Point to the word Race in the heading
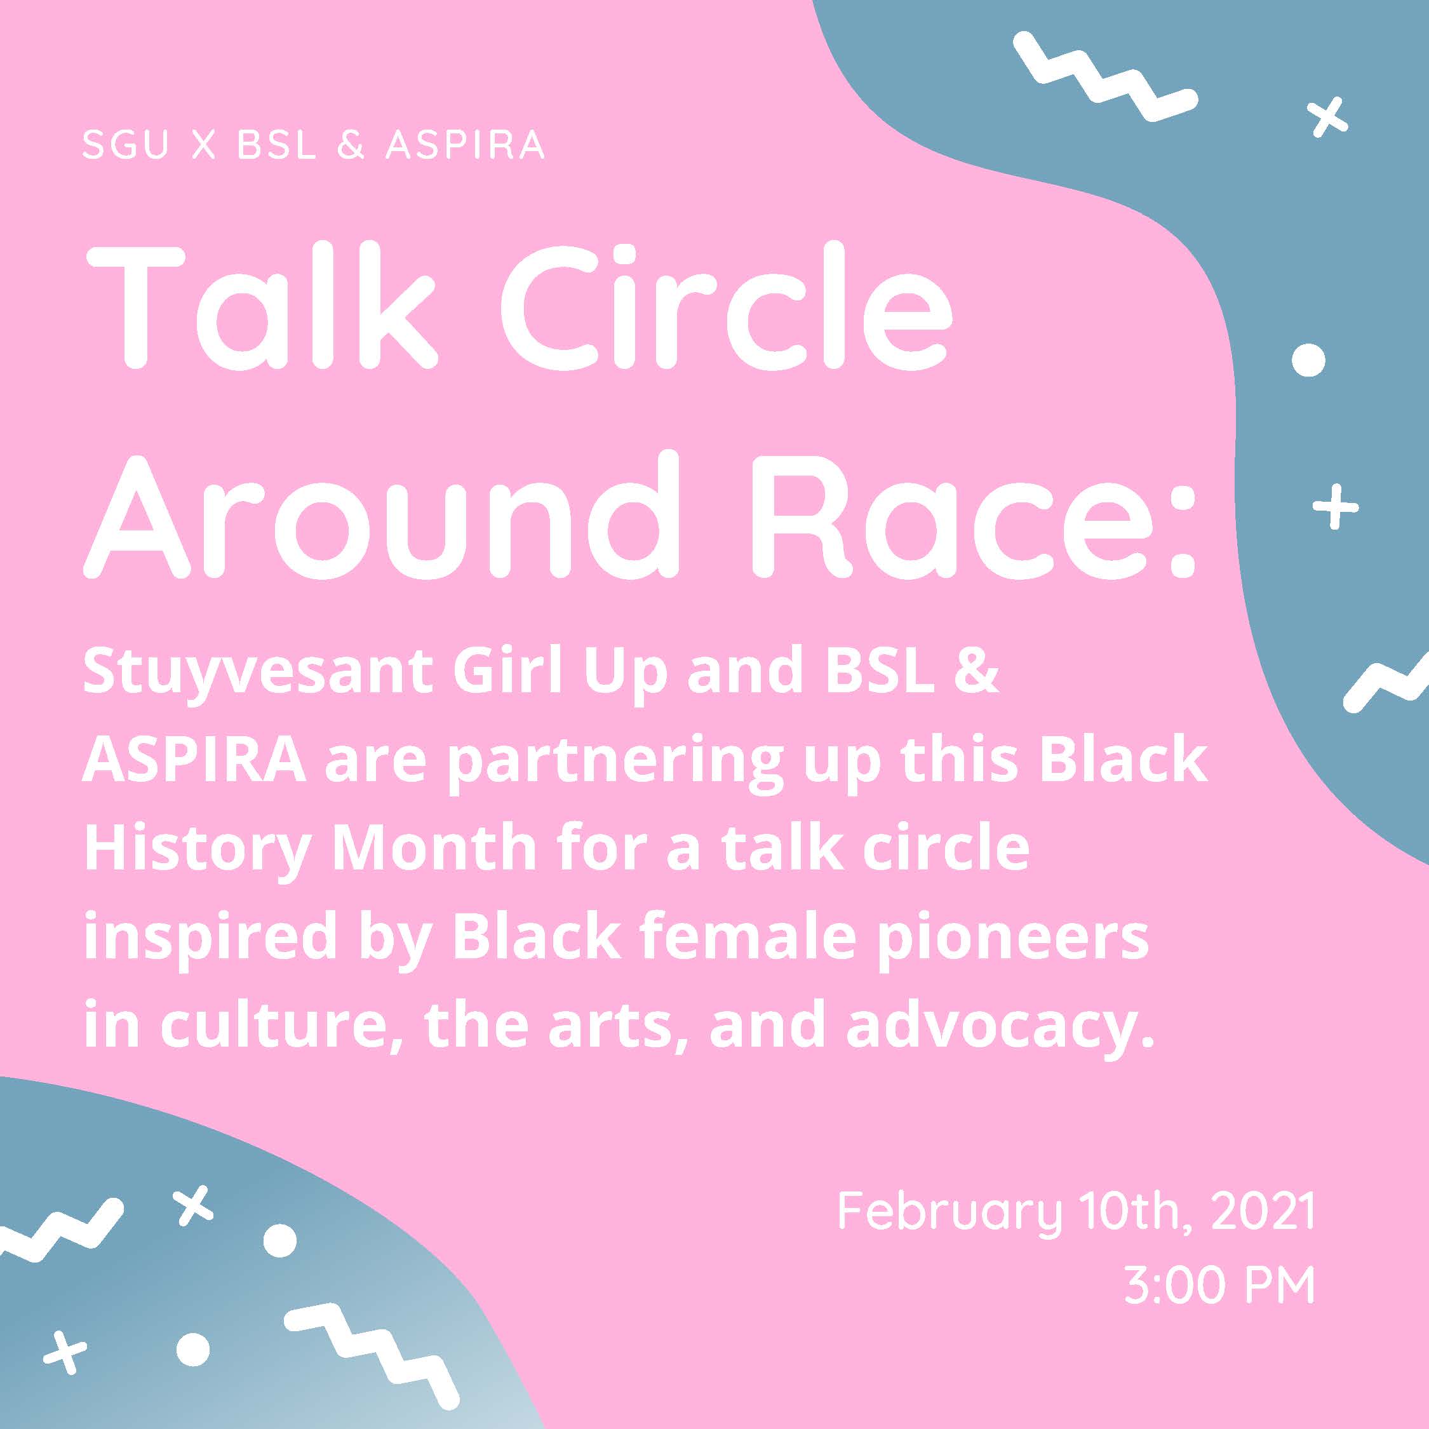click(953, 514)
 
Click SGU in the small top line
click(126, 145)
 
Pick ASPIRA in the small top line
click(466, 145)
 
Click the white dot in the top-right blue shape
click(1308, 360)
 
